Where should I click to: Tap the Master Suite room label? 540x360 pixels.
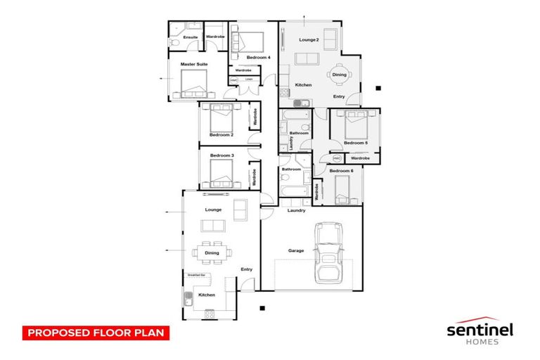pyautogui.click(x=193, y=65)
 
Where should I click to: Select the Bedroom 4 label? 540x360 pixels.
pyautogui.click(x=258, y=56)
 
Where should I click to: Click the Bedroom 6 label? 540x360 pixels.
pyautogui.click(x=341, y=171)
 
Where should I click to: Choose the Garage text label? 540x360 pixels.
pyautogui.click(x=296, y=250)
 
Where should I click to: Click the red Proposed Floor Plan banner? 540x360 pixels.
pyautogui.click(x=95, y=332)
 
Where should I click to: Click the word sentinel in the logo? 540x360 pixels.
pyautogui.click(x=480, y=329)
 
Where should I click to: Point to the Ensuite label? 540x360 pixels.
pyautogui.click(x=190, y=37)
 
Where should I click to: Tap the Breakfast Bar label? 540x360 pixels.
pyautogui.click(x=197, y=274)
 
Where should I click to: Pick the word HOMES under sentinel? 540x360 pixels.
pyautogui.click(x=480, y=342)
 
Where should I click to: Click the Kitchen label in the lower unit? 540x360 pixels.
pyautogui.click(x=206, y=295)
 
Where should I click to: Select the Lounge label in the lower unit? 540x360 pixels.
pyautogui.click(x=213, y=210)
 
